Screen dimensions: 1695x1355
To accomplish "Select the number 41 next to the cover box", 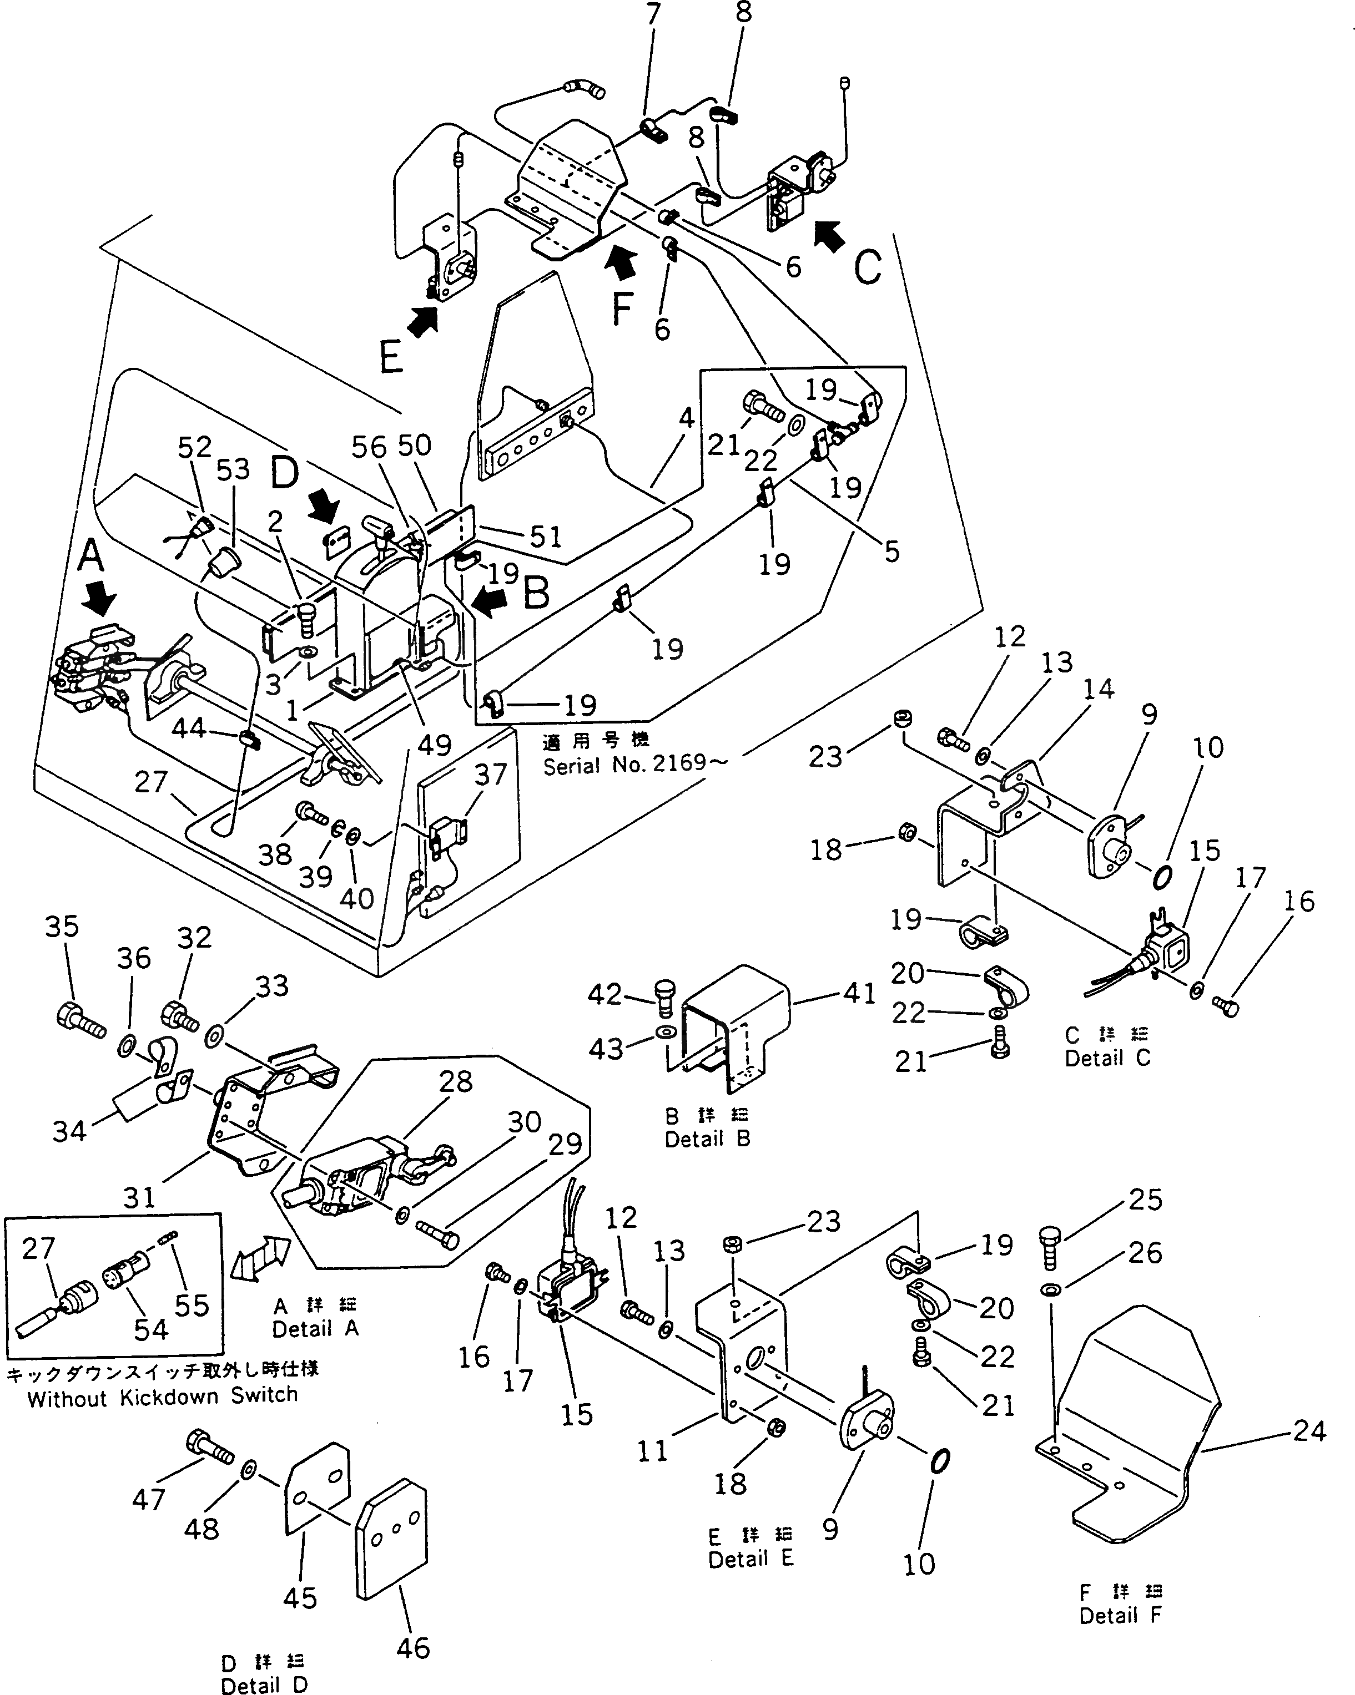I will (859, 993).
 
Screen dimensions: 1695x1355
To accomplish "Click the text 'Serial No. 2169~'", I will (636, 764).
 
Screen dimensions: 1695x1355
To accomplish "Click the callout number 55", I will (192, 1305).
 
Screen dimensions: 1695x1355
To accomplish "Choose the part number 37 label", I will (491, 775).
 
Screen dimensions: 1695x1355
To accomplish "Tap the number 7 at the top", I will (653, 14).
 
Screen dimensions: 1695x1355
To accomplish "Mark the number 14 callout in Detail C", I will (1098, 689).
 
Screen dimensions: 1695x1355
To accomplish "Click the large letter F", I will (622, 309).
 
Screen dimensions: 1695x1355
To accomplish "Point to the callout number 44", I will (189, 729).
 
